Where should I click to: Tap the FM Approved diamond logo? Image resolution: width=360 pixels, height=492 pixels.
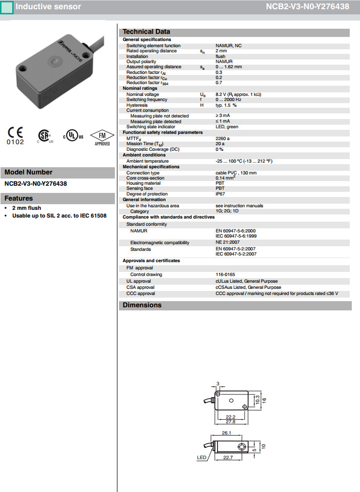(x=102, y=137)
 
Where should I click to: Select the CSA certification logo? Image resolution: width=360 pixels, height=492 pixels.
(x=44, y=135)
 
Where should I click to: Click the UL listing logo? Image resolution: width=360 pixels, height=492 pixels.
(x=73, y=136)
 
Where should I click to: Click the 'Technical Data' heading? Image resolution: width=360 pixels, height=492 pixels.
(x=146, y=32)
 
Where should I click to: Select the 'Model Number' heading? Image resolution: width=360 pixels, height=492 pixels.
(x=28, y=172)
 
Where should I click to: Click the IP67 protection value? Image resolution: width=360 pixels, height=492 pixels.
(x=220, y=194)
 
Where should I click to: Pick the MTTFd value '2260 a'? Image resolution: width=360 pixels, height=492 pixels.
(x=223, y=138)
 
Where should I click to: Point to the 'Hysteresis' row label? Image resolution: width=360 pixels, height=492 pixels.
(x=137, y=105)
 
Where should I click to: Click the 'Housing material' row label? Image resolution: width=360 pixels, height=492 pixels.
(x=143, y=183)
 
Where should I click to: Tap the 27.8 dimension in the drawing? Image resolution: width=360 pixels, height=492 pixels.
(x=230, y=421)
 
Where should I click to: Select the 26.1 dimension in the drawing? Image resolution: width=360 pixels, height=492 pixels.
(x=226, y=433)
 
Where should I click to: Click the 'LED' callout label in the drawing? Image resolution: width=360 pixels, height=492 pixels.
(x=202, y=457)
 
